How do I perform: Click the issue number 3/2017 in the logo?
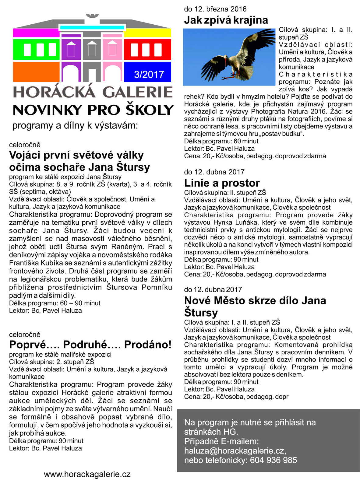(149, 75)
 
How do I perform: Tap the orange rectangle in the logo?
(36, 72)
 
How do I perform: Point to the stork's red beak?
(225, 62)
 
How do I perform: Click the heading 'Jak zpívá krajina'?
(226, 20)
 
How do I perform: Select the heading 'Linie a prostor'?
(222, 183)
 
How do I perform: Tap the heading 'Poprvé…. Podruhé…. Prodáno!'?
(90, 345)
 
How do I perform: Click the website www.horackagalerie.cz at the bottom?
(87, 474)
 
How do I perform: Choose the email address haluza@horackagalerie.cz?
(235, 451)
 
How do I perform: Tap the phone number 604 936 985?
(273, 460)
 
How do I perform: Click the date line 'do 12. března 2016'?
(215, 9)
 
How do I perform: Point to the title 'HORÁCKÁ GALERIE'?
(93, 92)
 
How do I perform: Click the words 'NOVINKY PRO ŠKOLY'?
(93, 110)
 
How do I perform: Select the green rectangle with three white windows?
(36, 50)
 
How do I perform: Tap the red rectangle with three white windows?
(147, 50)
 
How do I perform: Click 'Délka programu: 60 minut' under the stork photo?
(221, 141)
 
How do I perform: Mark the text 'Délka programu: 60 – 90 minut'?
(55, 303)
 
